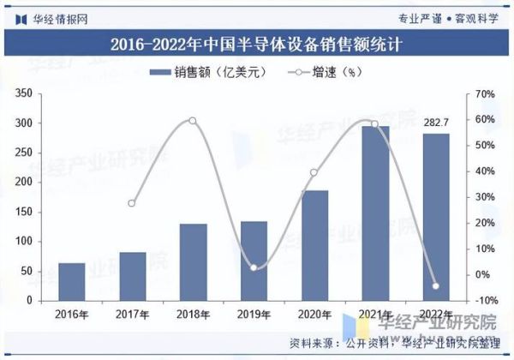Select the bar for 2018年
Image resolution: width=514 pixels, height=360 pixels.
click(193, 262)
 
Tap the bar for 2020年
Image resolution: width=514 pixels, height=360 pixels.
click(314, 246)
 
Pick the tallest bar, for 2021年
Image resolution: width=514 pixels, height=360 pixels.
click(374, 213)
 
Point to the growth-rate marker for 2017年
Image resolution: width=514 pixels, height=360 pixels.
click(132, 203)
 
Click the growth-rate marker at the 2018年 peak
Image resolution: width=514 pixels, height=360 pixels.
click(193, 121)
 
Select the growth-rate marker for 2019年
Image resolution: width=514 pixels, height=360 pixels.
click(254, 267)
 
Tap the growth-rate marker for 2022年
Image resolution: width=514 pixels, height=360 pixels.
click(435, 286)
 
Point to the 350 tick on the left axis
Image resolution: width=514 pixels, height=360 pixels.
click(25, 93)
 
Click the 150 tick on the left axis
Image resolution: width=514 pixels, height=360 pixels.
click(25, 213)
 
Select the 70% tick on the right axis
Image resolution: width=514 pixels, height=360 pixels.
click(485, 93)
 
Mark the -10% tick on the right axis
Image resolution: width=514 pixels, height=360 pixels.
click(485, 302)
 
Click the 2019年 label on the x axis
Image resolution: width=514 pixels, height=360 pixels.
click(254, 315)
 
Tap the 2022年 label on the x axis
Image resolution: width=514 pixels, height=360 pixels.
click(435, 315)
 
